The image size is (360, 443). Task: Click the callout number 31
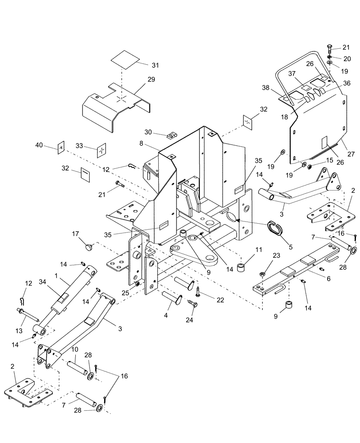(155, 65)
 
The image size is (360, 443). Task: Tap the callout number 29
(151, 79)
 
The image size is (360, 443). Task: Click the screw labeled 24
(192, 304)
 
